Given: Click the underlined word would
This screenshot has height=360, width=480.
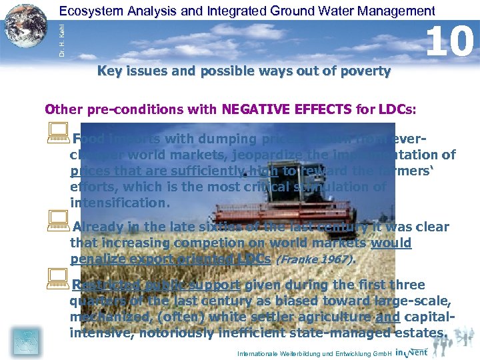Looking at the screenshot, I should [x=391, y=243].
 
